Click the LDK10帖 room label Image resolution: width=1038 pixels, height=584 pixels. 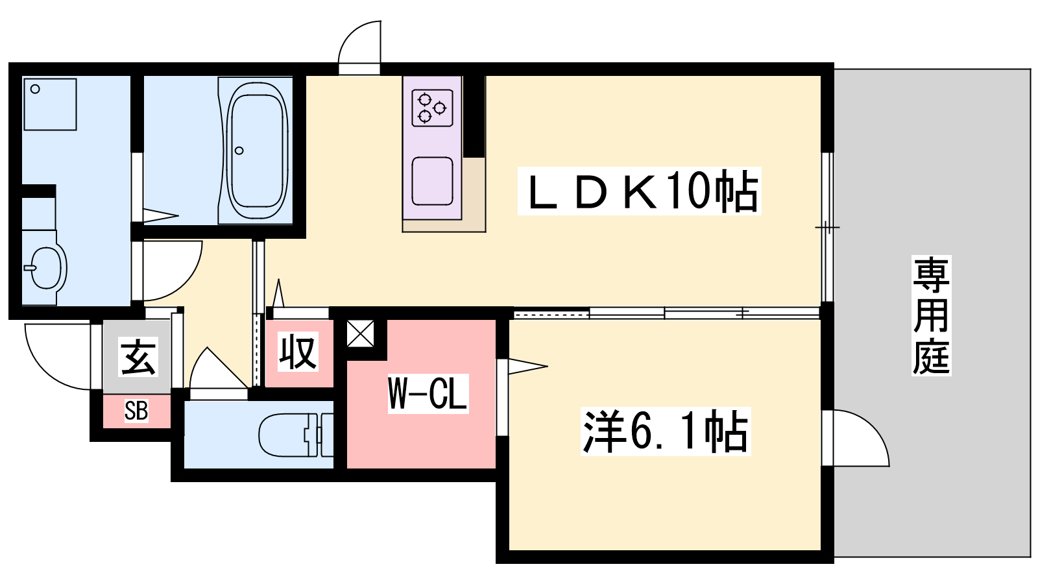[x=639, y=192]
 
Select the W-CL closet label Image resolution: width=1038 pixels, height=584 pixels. [x=428, y=393]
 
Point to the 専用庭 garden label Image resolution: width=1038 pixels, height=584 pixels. [x=931, y=315]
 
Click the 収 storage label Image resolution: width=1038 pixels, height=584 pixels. [x=298, y=352]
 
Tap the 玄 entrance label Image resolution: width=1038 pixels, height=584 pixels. [x=138, y=357]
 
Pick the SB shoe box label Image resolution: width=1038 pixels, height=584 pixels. [x=136, y=411]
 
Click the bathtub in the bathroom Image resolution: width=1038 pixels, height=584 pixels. [x=258, y=151]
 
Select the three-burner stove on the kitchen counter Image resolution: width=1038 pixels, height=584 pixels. [x=432, y=108]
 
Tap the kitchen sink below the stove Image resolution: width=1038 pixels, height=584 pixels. [x=432, y=180]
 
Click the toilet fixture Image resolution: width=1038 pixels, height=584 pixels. [x=292, y=435]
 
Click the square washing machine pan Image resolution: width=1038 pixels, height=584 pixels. [x=50, y=104]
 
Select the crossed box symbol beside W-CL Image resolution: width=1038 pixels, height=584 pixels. [x=360, y=334]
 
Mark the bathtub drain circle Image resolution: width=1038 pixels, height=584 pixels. [x=239, y=151]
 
